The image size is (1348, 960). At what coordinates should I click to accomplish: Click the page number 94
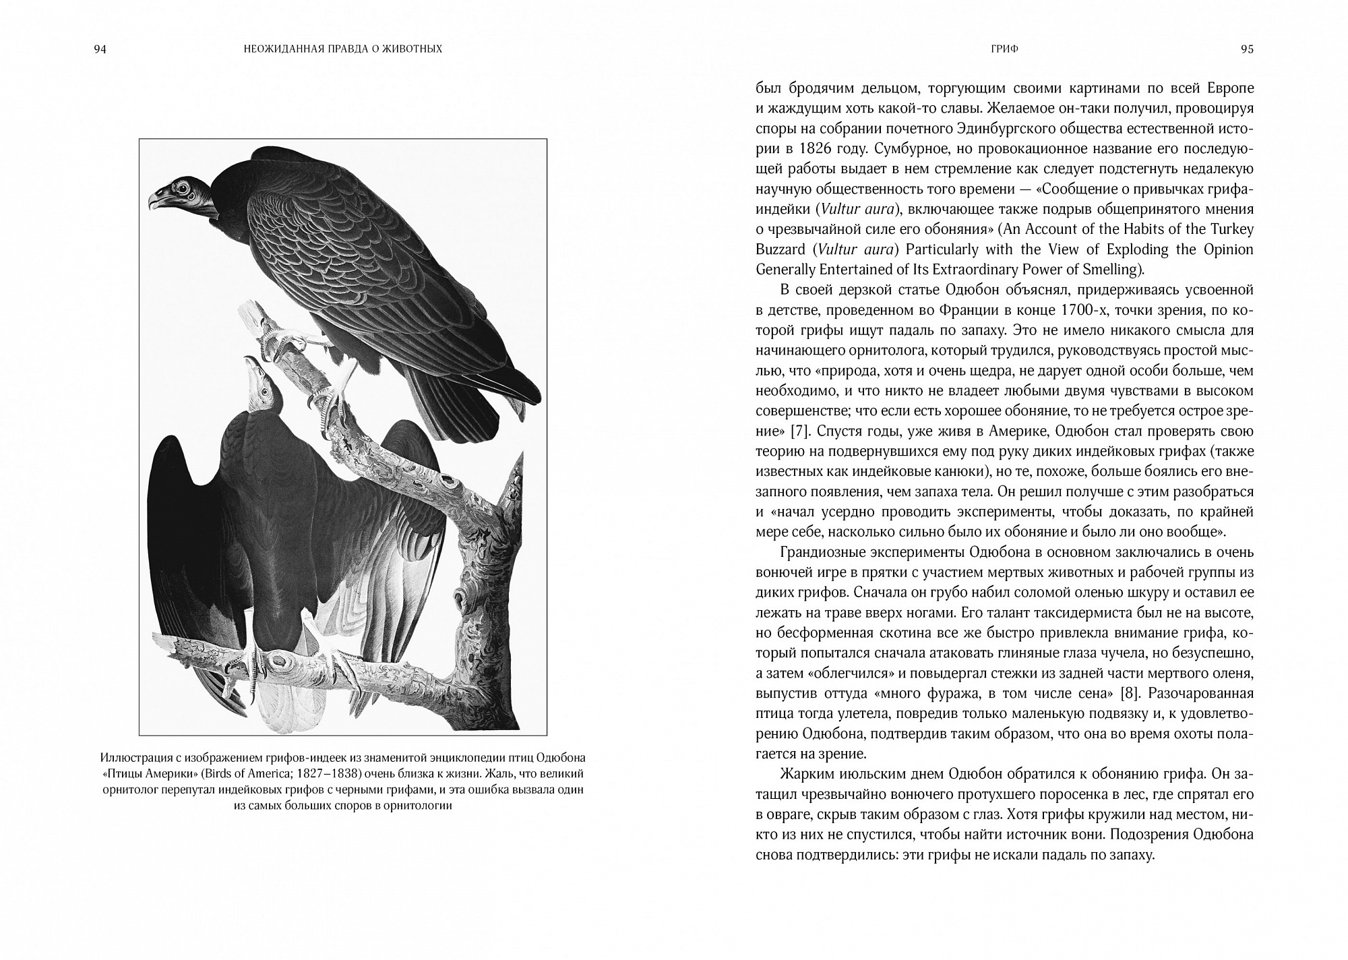[x=100, y=49]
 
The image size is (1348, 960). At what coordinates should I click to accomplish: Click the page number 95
[x=1247, y=49]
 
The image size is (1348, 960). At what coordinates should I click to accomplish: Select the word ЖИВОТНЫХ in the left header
[x=412, y=49]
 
